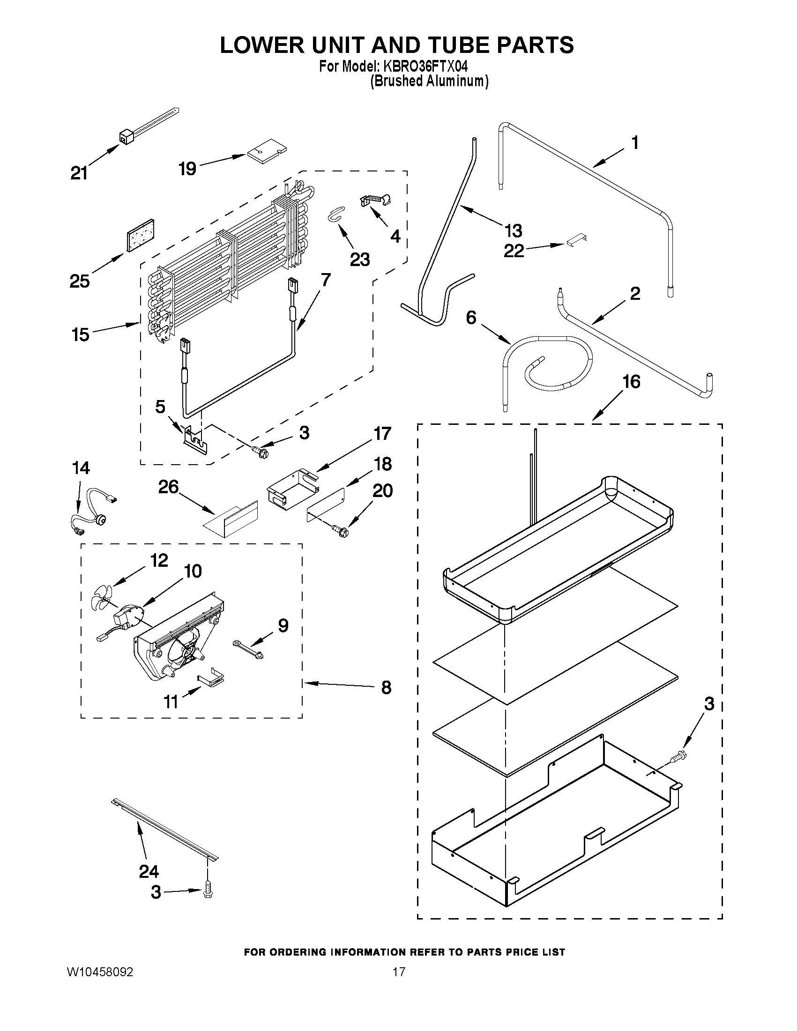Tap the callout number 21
click(79, 174)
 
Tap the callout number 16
click(631, 382)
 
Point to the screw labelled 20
click(342, 532)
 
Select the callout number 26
click(169, 487)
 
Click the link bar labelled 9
click(248, 649)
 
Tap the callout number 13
click(513, 231)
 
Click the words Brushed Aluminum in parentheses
click(429, 81)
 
